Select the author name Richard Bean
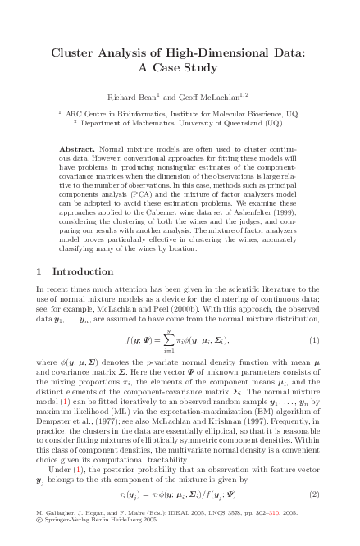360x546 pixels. coord(153,96)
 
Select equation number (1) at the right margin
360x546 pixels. coord(316,339)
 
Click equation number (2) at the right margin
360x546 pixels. coord(316,494)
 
